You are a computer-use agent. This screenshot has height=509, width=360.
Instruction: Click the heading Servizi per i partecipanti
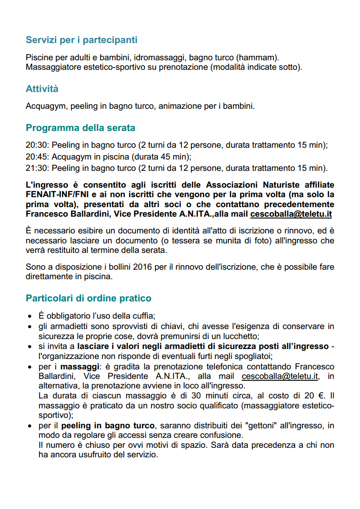[82, 40]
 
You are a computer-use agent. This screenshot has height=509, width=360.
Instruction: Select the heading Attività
[42, 88]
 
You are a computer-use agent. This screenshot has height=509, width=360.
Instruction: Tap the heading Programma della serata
[80, 128]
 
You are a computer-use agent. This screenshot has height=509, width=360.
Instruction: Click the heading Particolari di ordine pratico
[88, 298]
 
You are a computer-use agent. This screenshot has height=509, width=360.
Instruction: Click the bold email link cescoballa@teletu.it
[291, 213]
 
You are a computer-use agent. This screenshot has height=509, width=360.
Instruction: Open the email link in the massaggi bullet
[280, 376]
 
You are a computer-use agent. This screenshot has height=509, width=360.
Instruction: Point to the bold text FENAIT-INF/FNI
[57, 194]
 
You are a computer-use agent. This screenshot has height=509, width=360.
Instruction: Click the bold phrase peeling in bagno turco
[108, 426]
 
